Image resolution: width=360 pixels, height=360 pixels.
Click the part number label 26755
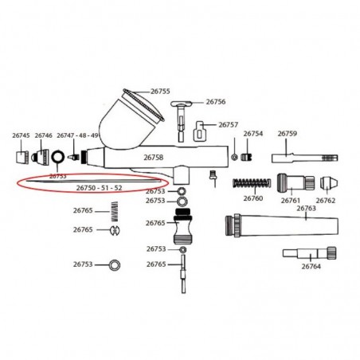pos(160,92)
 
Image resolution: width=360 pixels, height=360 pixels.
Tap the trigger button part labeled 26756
pos(182,121)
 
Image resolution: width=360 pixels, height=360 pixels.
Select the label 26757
pos(229,125)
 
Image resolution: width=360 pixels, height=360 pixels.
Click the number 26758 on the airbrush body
pos(154,158)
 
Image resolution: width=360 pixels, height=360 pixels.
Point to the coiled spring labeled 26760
pos(252,183)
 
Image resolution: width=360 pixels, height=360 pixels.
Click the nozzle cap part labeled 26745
pos(22,157)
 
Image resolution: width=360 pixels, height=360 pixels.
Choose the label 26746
pos(44,135)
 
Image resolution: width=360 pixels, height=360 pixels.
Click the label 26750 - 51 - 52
pos(100,188)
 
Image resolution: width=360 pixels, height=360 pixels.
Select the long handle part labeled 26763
pos(282,225)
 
